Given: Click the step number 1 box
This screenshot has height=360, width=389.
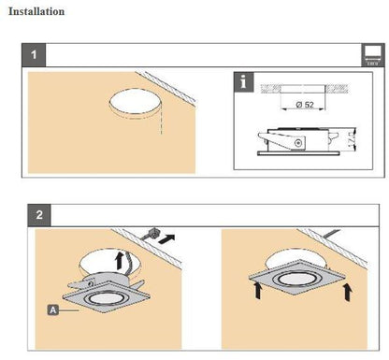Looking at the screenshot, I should tap(35, 55).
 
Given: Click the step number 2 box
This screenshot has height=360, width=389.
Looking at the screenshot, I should tap(38, 215).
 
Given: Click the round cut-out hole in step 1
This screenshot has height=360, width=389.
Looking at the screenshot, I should tap(133, 102).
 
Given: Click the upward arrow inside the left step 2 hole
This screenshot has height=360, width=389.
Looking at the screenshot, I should tap(116, 260).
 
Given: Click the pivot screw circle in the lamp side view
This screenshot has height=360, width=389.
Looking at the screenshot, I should tap(298, 143).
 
